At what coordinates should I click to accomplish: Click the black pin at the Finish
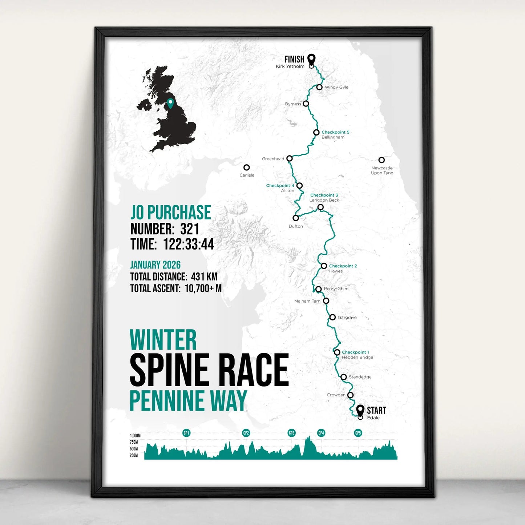311,59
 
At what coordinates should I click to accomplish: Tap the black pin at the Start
360,410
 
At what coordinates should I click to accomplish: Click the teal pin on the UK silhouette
170,103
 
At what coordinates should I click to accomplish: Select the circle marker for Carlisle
247,167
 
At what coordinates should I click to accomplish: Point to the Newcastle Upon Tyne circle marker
381,160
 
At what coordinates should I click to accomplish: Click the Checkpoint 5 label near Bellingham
335,132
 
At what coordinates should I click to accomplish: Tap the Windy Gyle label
336,87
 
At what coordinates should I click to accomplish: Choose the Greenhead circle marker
290,158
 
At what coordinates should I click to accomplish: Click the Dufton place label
296,226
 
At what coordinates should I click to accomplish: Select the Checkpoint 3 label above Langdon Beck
324,195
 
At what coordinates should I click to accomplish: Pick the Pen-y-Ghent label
337,289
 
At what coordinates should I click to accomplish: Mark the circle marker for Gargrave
332,317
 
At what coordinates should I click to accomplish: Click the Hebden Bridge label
358,358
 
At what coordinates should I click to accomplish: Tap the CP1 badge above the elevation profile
186,433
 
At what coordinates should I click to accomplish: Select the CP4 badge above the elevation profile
321,433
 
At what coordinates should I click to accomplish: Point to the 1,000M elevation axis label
135,436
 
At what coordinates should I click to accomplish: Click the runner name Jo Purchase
171,213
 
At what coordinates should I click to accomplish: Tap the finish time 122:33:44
189,244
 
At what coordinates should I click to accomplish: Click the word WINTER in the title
163,340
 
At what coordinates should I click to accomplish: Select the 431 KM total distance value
204,276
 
